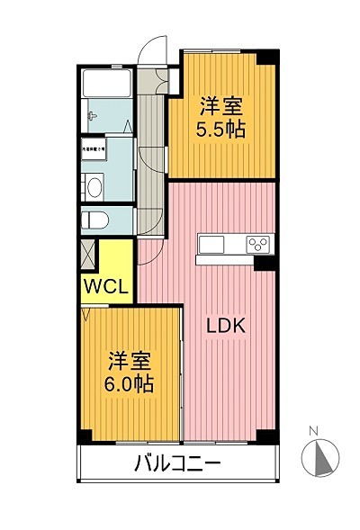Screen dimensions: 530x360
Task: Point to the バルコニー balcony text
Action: pos(178,466)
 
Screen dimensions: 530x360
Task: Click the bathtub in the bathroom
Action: pos(107,87)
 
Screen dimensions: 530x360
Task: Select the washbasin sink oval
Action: pos(93,187)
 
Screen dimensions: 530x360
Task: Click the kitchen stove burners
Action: pos(259,244)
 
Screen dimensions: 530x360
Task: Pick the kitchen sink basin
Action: pos(213,245)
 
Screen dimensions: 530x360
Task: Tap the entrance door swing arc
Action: pos(155,46)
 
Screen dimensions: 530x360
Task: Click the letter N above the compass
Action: pos(314,431)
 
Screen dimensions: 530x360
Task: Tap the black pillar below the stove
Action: pos(263,263)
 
